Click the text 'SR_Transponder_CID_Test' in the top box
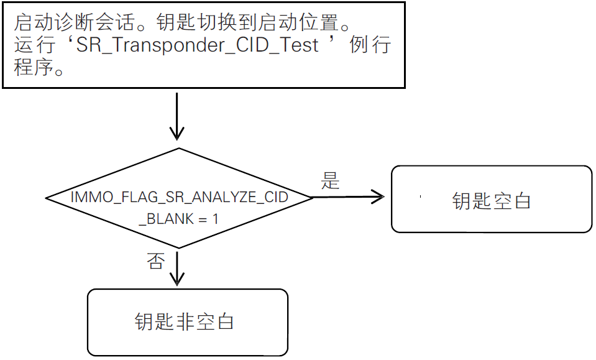(198, 46)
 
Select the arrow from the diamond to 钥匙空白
(348, 197)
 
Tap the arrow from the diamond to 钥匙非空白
(178, 267)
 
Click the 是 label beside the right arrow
(330, 181)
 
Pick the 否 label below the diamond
(155, 261)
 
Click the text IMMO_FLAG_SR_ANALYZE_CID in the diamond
(179, 198)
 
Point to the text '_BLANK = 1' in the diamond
(179, 219)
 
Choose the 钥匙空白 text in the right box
(491, 201)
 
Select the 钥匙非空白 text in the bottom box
(184, 321)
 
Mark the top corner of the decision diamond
(178, 149)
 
